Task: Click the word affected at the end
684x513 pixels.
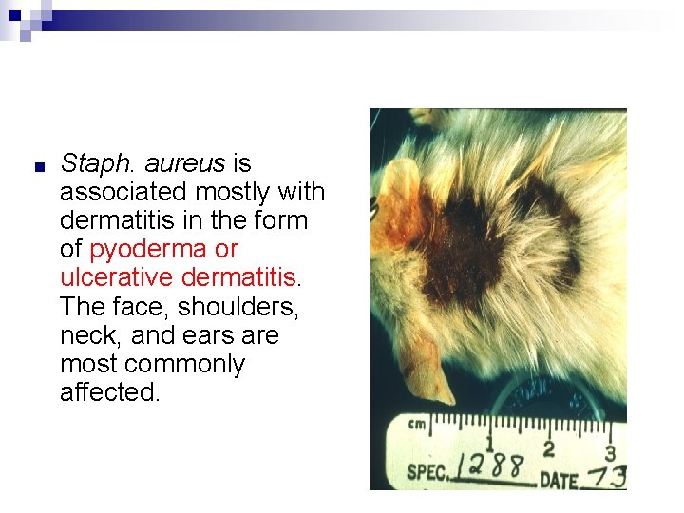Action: coord(108,392)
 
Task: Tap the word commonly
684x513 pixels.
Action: coord(184,364)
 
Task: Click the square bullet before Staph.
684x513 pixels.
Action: coord(39,167)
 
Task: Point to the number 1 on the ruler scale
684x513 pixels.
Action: coord(490,443)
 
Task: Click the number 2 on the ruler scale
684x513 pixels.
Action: coord(548,447)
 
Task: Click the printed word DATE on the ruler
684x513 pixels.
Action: coord(559,479)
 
